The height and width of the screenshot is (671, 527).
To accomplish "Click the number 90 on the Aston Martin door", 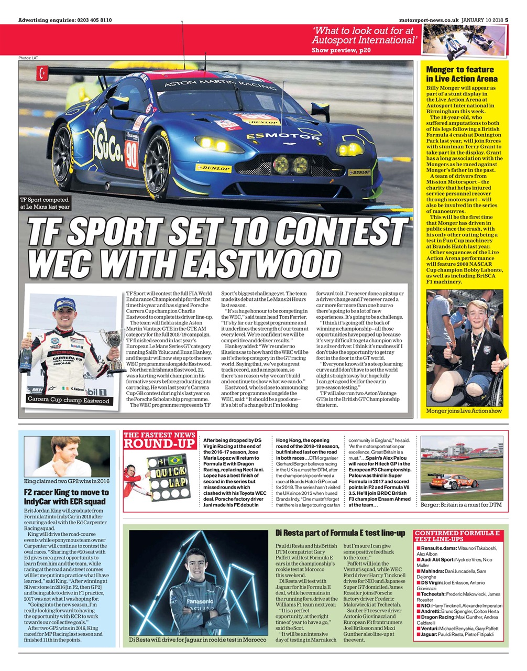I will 131,153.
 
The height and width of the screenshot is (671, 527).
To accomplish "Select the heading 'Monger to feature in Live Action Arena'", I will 460,74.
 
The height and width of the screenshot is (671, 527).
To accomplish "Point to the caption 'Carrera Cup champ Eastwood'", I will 69,401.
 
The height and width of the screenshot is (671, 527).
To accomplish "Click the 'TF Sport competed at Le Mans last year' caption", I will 45,203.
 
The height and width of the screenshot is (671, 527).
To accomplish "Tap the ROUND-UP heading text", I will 159,443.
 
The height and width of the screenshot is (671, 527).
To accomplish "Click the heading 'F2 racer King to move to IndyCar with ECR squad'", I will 67,496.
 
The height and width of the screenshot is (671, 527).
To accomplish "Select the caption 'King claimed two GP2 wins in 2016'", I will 67,480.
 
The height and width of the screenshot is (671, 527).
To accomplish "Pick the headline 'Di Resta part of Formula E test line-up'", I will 340,533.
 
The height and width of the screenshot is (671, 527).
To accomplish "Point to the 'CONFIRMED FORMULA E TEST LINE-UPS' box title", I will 457,536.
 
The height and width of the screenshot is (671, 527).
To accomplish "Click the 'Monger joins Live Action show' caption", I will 464,410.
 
